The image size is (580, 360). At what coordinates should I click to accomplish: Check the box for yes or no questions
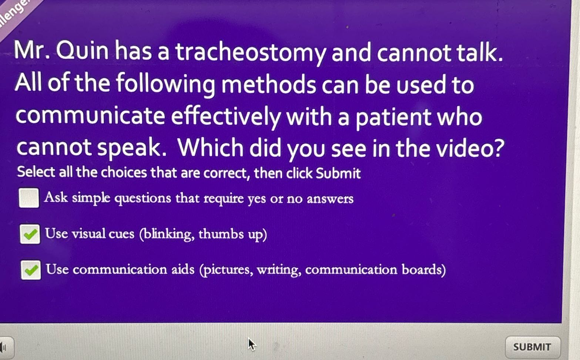(x=29, y=198)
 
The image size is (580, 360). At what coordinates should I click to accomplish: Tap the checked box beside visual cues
(x=30, y=234)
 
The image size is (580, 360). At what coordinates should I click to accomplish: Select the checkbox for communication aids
(x=31, y=270)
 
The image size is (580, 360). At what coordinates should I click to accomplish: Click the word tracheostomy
(x=250, y=53)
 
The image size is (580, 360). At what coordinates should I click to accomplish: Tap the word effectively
(x=226, y=116)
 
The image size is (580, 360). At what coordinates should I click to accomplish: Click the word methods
(x=268, y=84)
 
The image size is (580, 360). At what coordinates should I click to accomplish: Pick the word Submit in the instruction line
(x=338, y=173)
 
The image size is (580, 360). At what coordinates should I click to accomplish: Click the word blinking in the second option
(x=167, y=234)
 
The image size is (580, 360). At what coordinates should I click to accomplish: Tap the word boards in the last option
(x=423, y=270)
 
